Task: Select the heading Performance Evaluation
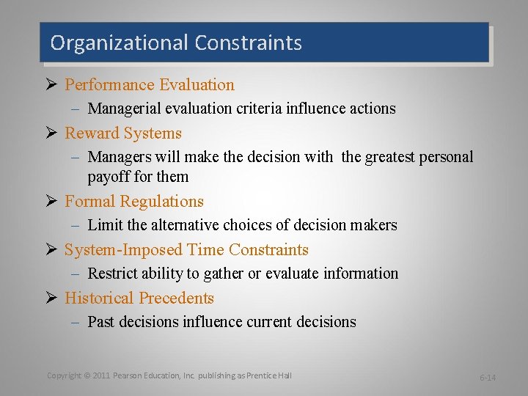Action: pyautogui.click(x=150, y=85)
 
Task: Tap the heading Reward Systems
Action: pyautogui.click(x=123, y=133)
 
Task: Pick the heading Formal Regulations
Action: pyautogui.click(x=134, y=202)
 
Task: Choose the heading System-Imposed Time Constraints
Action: pyautogui.click(x=186, y=250)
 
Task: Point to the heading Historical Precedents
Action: pyautogui.click(x=139, y=298)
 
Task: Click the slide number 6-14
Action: pyautogui.click(x=488, y=378)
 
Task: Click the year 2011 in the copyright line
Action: pyautogui.click(x=101, y=375)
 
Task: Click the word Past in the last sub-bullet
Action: pyautogui.click(x=100, y=322)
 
